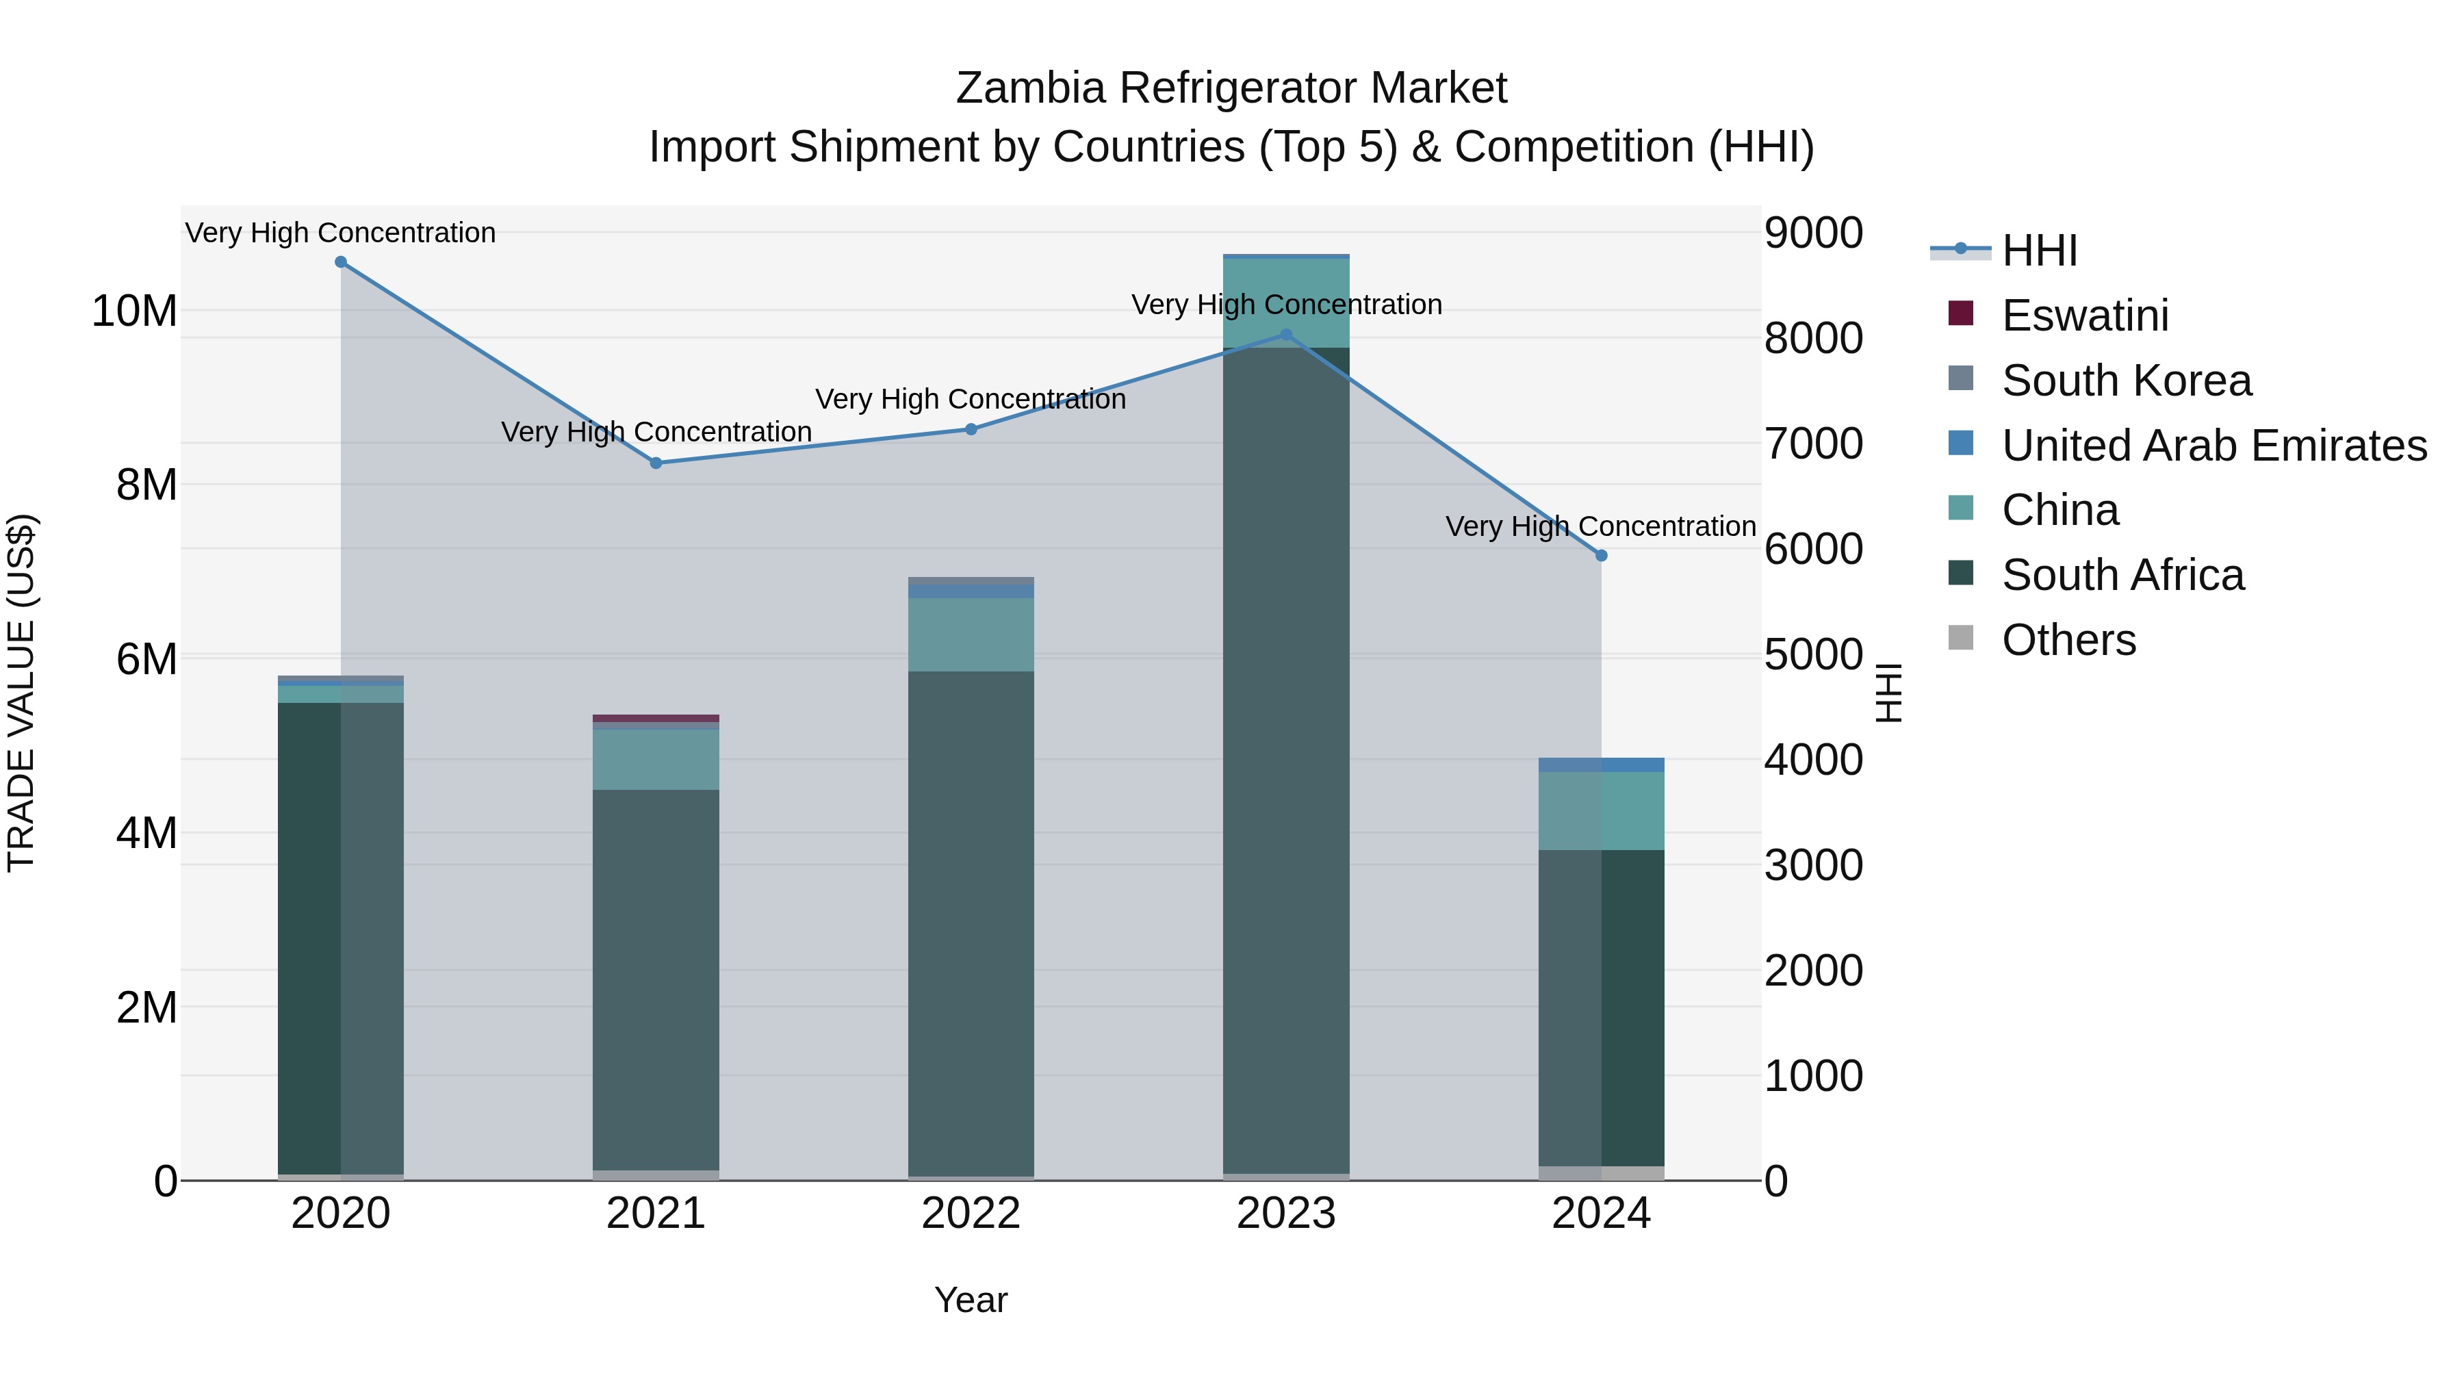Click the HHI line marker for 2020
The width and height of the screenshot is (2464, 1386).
[341, 262]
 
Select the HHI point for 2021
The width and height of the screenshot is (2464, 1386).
[656, 463]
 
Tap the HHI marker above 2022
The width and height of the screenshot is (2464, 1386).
[971, 429]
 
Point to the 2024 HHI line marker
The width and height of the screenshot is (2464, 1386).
[1601, 556]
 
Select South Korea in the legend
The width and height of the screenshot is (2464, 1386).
[2125, 381]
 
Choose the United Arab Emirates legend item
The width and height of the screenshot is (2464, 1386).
[2213, 446]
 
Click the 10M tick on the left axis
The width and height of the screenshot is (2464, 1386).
[134, 312]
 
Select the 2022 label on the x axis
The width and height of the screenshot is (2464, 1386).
[971, 1214]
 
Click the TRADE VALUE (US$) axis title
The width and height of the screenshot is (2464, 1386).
[22, 693]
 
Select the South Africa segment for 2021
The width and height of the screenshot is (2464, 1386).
[656, 979]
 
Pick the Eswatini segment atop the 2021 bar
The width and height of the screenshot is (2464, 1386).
[656, 719]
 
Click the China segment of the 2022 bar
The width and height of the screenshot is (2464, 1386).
[971, 634]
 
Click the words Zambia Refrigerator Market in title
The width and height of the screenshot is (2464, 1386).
[1231, 88]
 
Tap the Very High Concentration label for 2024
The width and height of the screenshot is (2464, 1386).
[1600, 527]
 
